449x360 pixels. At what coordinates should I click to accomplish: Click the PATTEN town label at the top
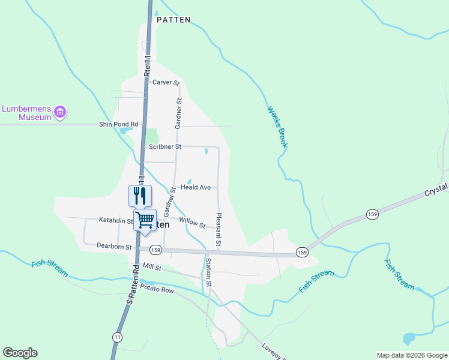[173, 20]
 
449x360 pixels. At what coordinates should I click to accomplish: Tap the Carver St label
[166, 82]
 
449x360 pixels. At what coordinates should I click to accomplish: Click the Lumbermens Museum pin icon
[59, 112]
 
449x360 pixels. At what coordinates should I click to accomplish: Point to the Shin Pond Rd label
[118, 124]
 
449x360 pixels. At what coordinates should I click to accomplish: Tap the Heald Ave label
[196, 187]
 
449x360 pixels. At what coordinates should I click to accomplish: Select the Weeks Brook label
[277, 128]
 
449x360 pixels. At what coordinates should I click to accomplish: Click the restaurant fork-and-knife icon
[140, 196]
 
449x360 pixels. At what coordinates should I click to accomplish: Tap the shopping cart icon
[145, 220]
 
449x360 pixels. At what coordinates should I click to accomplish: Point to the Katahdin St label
[116, 221]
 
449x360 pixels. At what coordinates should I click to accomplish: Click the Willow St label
[192, 223]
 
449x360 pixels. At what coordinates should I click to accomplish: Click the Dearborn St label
[114, 245]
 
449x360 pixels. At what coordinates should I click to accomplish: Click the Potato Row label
[157, 290]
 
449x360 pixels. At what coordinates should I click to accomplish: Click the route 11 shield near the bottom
[116, 338]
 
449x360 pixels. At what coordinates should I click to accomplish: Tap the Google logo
[20, 353]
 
